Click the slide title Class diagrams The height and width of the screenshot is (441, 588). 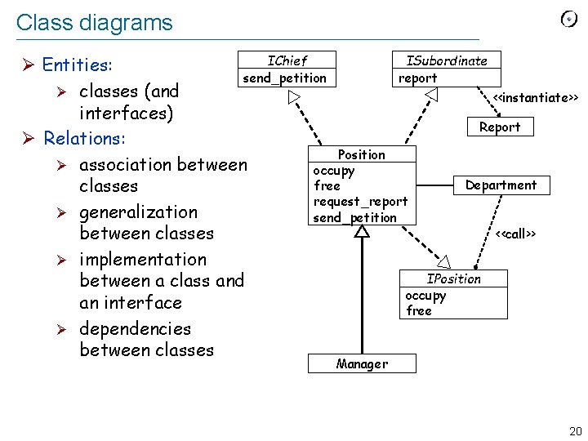click(94, 22)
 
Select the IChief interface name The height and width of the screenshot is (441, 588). click(287, 60)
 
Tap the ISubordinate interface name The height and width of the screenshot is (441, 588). click(447, 60)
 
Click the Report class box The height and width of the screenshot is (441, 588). click(500, 127)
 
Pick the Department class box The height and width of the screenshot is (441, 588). click(501, 185)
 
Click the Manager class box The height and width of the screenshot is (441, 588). click(362, 363)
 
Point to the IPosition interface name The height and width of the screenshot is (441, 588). click(454, 278)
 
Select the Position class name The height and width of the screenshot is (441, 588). click(361, 154)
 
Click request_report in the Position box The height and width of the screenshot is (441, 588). click(360, 202)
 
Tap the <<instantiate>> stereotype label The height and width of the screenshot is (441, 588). click(535, 98)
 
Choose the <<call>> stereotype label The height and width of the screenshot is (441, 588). click(515, 234)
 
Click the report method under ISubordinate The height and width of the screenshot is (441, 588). click(417, 78)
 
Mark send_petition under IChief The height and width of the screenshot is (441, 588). click(284, 78)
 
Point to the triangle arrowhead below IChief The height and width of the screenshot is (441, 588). click(293, 98)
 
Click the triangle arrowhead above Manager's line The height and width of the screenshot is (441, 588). click(362, 232)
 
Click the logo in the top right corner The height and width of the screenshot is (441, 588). click(569, 19)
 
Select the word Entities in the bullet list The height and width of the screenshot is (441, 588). click(78, 65)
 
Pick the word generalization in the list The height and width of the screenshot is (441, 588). click(138, 212)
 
